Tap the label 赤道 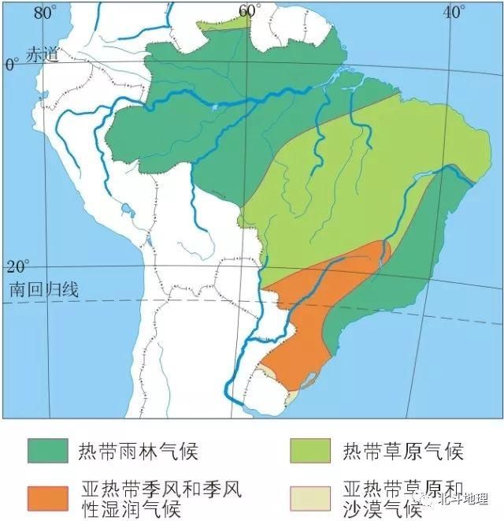click(43, 55)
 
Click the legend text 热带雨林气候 click(137, 452)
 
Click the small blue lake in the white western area click(127, 210)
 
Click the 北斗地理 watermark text click(465, 498)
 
